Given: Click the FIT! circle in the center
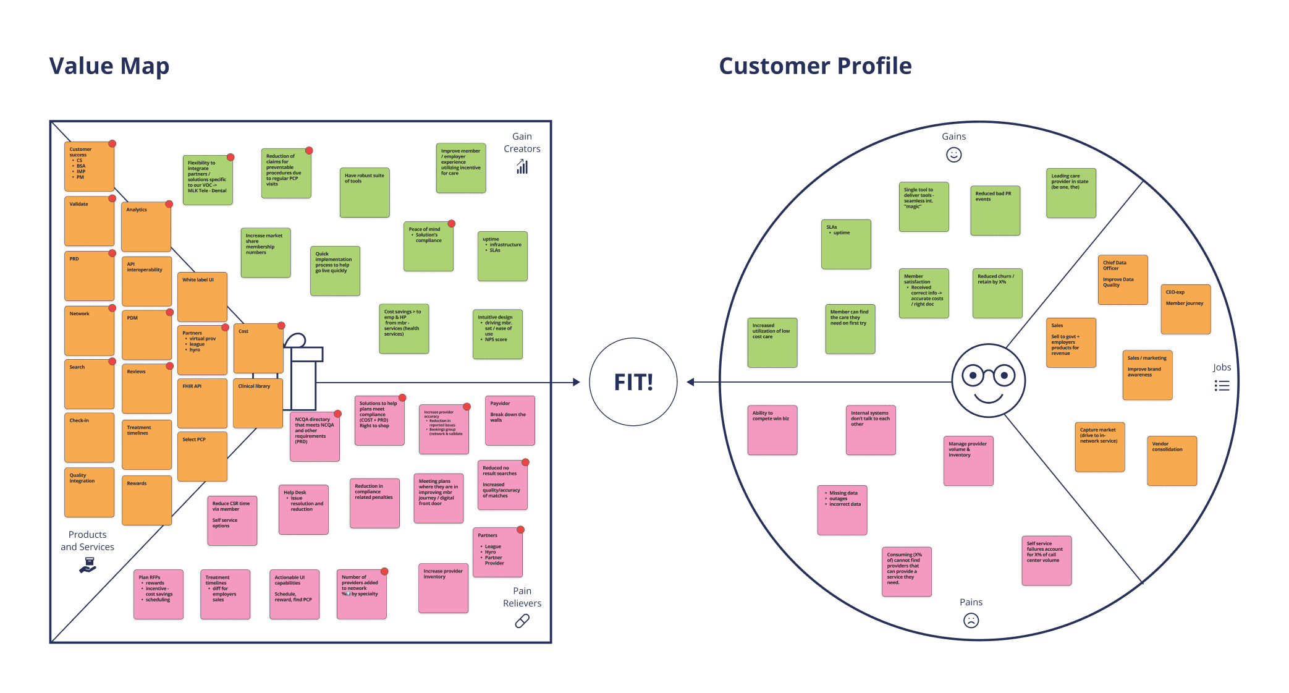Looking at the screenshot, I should click(x=633, y=382).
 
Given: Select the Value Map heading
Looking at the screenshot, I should click(x=109, y=66).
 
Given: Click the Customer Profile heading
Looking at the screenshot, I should click(x=815, y=66).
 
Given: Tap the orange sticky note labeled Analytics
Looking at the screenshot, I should click(x=146, y=227).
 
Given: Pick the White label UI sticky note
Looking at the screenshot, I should click(x=202, y=297).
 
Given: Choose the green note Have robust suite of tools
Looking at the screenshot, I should click(x=365, y=192).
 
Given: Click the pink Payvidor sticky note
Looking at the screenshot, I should click(x=510, y=420).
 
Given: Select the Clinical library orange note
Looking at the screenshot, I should click(x=258, y=403).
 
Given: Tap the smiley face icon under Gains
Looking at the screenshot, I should click(x=953, y=155).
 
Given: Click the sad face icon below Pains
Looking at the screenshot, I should click(x=971, y=620).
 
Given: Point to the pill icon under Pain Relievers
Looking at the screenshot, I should click(x=522, y=621).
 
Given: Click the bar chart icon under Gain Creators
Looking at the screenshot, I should click(x=522, y=166).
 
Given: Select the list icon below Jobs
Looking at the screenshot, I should click(x=1222, y=386).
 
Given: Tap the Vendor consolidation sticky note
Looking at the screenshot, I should click(x=1172, y=461).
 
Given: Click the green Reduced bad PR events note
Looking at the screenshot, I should click(x=995, y=211).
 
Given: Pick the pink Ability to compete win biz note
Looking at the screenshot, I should click(x=772, y=430).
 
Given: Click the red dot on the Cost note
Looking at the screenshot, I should click(x=281, y=325).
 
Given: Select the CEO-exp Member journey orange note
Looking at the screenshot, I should click(x=1185, y=309).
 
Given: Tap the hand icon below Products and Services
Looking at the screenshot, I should click(x=88, y=564).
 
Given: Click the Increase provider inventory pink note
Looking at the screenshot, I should click(x=443, y=588).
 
